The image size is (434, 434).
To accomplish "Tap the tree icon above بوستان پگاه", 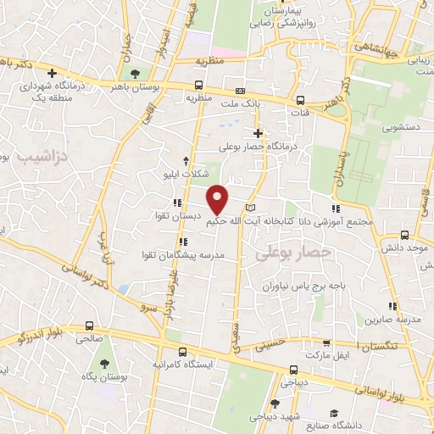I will (104, 363).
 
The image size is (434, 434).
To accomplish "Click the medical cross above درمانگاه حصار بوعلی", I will (259, 133).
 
